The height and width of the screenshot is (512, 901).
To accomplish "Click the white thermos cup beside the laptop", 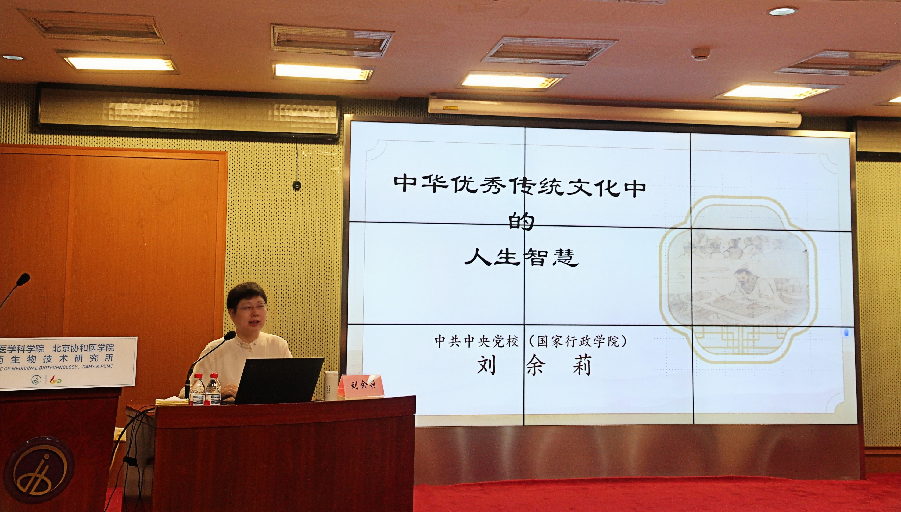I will [x=331, y=386].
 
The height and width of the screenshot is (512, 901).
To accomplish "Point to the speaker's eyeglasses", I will [x=251, y=308].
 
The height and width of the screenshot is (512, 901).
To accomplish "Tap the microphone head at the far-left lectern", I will [x=23, y=279].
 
